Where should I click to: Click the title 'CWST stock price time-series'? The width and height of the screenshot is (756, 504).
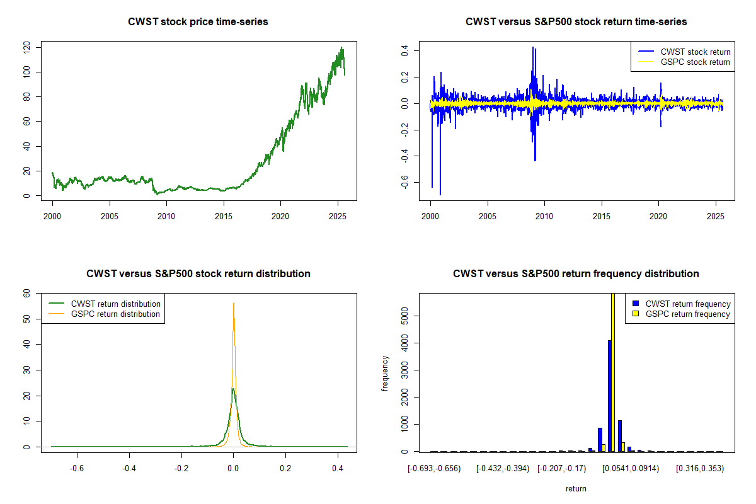[x=198, y=22]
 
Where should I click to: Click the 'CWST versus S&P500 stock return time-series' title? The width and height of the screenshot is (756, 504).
[x=576, y=22]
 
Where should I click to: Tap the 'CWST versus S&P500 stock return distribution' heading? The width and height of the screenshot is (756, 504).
[x=198, y=274]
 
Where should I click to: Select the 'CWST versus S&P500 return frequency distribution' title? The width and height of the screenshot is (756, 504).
[x=576, y=274]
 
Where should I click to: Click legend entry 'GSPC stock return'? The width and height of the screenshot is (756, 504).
[x=695, y=62]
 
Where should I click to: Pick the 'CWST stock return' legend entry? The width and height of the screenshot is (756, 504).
[x=695, y=52]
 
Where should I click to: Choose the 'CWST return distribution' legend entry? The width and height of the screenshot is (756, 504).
[x=115, y=304]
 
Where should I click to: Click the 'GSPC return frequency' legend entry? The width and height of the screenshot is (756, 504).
[x=688, y=314]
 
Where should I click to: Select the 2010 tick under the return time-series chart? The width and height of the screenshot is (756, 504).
[x=544, y=215]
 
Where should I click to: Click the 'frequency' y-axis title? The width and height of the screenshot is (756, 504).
[x=385, y=373]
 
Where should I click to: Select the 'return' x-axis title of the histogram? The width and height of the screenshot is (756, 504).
[x=576, y=488]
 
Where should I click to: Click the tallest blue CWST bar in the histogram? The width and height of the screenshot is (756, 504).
[x=609, y=396]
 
